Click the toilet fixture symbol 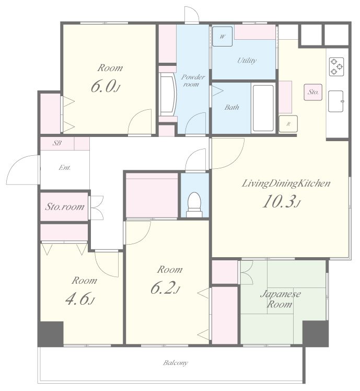[194, 204]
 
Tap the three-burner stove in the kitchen [336, 66]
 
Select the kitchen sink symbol [336, 101]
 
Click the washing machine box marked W [222, 37]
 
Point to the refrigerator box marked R [288, 124]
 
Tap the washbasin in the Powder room [168, 94]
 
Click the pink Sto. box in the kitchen [313, 93]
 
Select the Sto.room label [65, 206]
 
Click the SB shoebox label [57, 143]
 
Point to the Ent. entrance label [65, 168]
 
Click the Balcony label [176, 363]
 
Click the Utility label [247, 61]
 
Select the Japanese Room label [280, 299]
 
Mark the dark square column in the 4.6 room [51, 333]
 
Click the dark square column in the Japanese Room [316, 333]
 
